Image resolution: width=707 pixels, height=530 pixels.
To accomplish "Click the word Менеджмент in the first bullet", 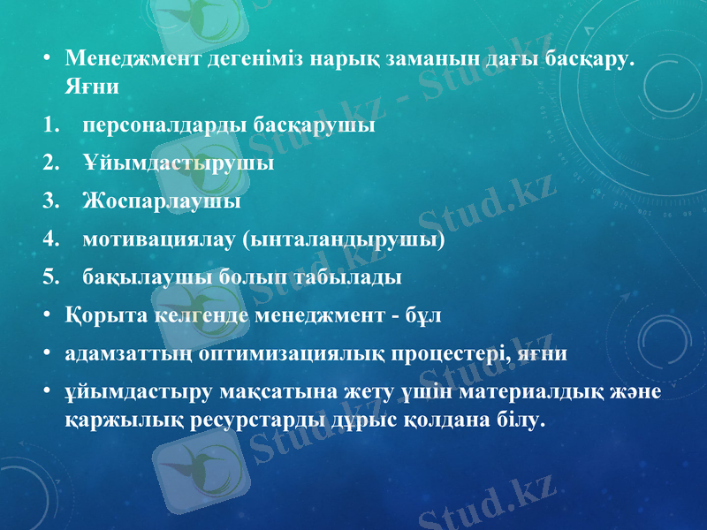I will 132,61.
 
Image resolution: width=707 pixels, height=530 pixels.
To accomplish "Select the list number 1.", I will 51,125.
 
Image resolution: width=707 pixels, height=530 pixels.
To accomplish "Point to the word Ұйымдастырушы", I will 178,163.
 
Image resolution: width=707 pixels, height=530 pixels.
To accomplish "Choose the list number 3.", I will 51,201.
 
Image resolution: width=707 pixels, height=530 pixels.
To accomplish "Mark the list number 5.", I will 51,277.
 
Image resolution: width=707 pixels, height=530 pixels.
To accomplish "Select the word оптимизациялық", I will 289,353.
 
